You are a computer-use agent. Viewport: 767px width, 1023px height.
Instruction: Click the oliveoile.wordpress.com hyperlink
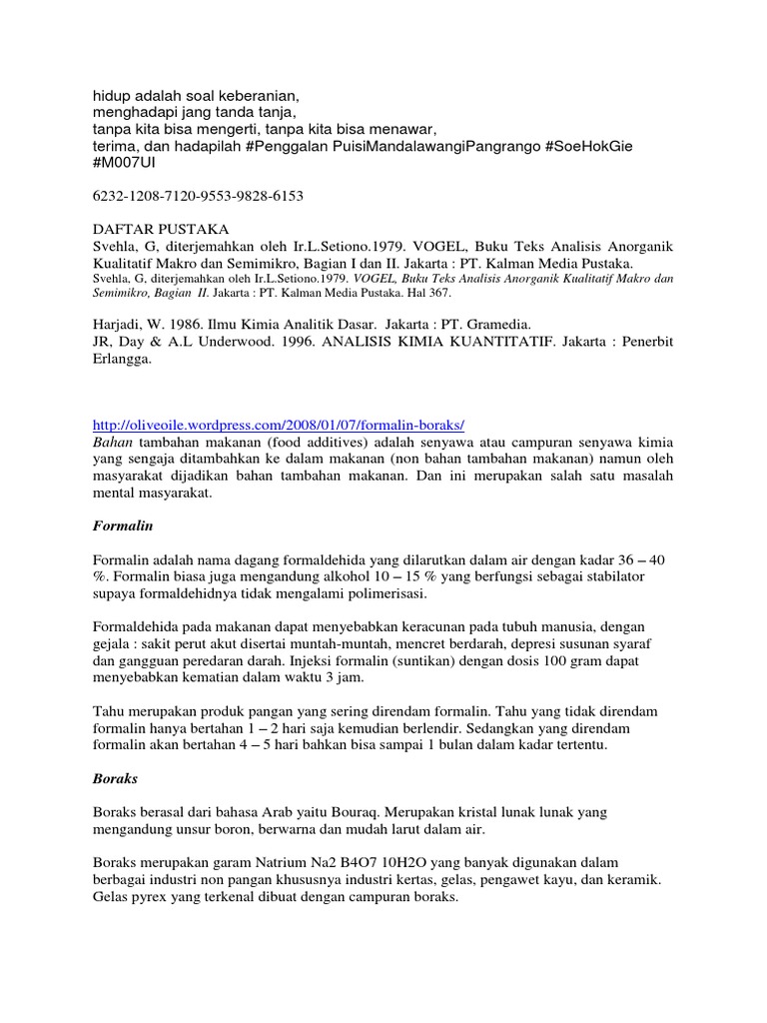[279, 424]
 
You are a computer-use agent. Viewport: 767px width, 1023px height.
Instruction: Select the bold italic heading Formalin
[121, 523]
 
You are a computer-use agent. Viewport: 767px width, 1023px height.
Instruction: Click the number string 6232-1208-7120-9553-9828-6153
[197, 196]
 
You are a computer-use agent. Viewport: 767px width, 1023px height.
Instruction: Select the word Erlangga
[122, 360]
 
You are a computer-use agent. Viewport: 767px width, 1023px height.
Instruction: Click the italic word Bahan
[112, 442]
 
